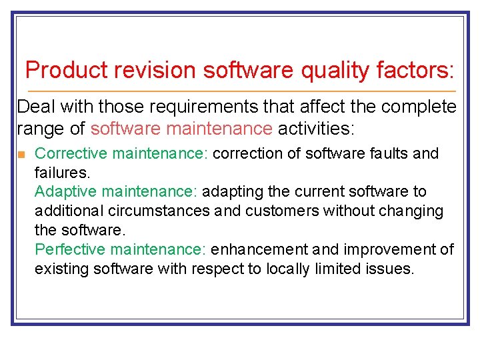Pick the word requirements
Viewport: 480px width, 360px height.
(196, 107)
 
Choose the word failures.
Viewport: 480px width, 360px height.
(62, 173)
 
